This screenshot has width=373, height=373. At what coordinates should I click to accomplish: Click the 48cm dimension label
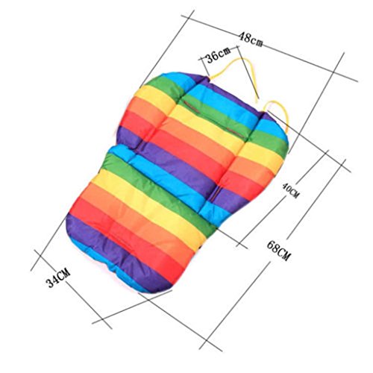(251, 40)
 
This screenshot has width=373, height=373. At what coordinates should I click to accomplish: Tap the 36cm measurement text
(219, 54)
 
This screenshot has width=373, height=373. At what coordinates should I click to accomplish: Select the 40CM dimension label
(290, 190)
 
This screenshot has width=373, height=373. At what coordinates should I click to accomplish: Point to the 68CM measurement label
(278, 251)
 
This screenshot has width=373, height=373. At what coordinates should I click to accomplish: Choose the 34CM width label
(58, 278)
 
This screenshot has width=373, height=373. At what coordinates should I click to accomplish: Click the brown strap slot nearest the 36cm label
(192, 107)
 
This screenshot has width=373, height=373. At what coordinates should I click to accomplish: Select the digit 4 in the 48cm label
(242, 37)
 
